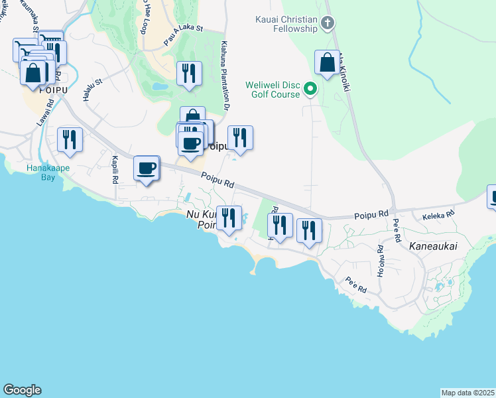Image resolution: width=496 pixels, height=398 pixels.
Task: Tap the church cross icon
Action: [327, 24]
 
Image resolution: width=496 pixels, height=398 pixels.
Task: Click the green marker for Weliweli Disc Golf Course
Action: [310, 89]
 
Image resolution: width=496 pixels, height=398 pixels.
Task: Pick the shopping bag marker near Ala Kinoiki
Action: [327, 64]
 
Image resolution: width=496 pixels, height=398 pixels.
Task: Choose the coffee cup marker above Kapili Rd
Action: [147, 168]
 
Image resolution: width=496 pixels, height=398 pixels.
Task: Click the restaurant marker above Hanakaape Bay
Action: [70, 140]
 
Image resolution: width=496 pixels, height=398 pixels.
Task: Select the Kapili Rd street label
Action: [115, 170]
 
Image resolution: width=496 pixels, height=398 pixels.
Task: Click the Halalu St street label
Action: [92, 90]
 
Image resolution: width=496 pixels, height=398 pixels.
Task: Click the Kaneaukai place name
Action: [433, 245]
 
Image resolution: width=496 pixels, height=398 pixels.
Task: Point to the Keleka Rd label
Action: [438, 214]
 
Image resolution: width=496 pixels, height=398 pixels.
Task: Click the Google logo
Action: [22, 390]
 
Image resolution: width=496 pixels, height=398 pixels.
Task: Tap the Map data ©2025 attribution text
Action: [467, 392]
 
